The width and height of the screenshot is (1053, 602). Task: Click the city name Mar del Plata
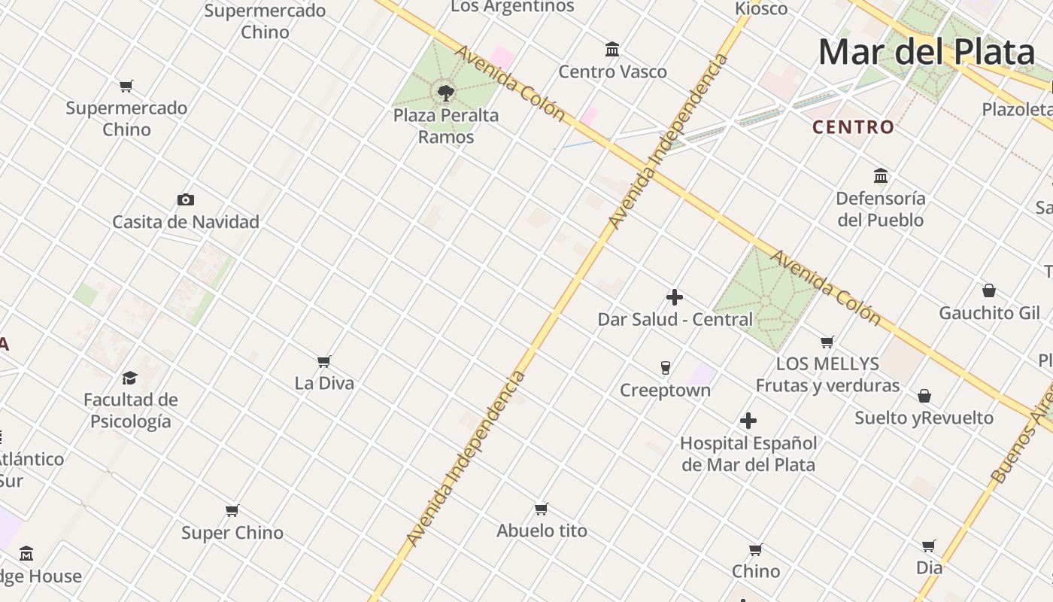926,52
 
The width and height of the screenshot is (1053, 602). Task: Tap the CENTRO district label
853,127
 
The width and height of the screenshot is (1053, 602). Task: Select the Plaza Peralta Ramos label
446,126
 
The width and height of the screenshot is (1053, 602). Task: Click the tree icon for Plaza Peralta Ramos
446,93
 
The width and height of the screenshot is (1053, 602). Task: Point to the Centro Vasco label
612,72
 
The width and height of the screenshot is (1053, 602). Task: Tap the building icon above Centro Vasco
612,50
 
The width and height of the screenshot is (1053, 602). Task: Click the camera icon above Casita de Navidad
186,199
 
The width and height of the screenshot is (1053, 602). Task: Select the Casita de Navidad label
186,222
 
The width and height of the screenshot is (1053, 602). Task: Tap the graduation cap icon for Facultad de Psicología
130,378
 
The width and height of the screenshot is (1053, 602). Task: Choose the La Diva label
324,383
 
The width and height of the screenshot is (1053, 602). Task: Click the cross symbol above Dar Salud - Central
675,297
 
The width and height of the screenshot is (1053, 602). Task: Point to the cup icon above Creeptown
665,368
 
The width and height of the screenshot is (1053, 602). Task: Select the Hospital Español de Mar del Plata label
748,454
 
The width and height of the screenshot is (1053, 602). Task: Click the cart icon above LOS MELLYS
827,342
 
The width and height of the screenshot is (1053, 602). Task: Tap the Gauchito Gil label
989,313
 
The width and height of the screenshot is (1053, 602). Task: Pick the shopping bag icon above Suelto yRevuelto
924,396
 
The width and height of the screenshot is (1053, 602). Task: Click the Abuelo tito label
542,531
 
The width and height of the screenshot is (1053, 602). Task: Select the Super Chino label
232,533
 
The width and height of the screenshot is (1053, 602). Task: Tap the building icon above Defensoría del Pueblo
881,176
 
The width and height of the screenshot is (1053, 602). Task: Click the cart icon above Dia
929,546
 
